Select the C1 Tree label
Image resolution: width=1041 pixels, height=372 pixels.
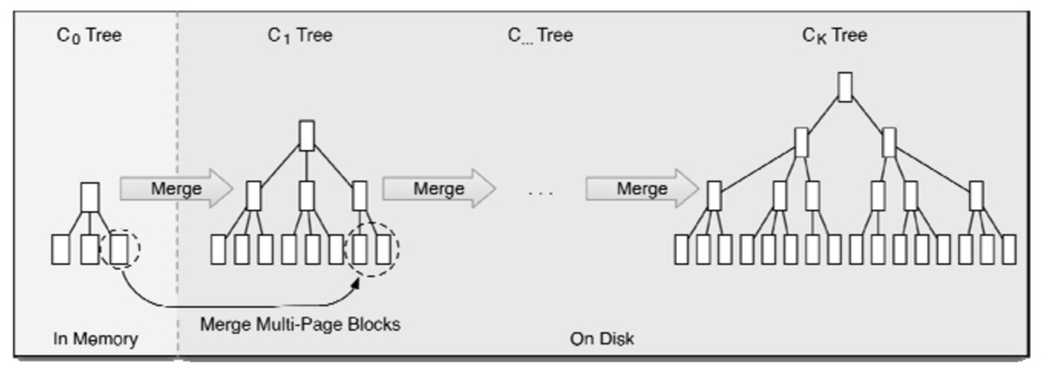[299, 36]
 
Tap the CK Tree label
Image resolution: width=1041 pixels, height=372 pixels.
[835, 36]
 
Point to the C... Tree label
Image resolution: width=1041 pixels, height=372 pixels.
[540, 36]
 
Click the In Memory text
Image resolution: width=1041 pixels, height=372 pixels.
[95, 339]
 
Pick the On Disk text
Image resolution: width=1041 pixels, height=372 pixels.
[602, 339]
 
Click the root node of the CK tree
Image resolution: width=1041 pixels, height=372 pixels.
[844, 87]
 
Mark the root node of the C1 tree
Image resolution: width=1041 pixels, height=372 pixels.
[306, 135]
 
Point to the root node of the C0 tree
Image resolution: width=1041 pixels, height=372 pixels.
[90, 197]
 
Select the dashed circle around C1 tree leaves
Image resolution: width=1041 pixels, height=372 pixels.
[372, 249]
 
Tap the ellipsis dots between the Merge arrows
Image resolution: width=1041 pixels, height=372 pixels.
[540, 192]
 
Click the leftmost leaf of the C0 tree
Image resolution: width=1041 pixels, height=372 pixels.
[61, 249]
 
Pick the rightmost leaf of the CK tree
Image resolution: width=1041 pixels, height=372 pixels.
[1008, 249]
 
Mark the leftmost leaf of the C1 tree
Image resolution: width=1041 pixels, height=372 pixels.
[218, 249]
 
